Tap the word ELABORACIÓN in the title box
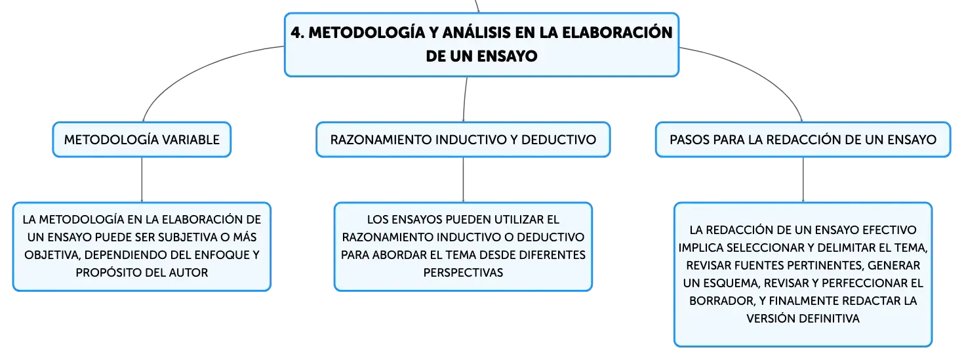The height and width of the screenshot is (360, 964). (617, 32)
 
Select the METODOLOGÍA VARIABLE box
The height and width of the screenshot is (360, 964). (142, 140)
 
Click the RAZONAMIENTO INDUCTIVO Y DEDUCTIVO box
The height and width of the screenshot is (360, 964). (463, 140)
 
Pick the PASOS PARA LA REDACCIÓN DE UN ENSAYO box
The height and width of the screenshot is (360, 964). (803, 140)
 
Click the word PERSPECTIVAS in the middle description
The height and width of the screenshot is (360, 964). (463, 272)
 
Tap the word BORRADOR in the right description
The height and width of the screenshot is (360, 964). (721, 300)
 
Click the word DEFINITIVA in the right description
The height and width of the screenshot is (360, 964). (824, 318)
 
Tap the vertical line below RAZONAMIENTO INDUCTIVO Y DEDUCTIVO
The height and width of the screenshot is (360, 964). (463, 180)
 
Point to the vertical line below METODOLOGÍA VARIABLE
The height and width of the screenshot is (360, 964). (142, 180)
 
